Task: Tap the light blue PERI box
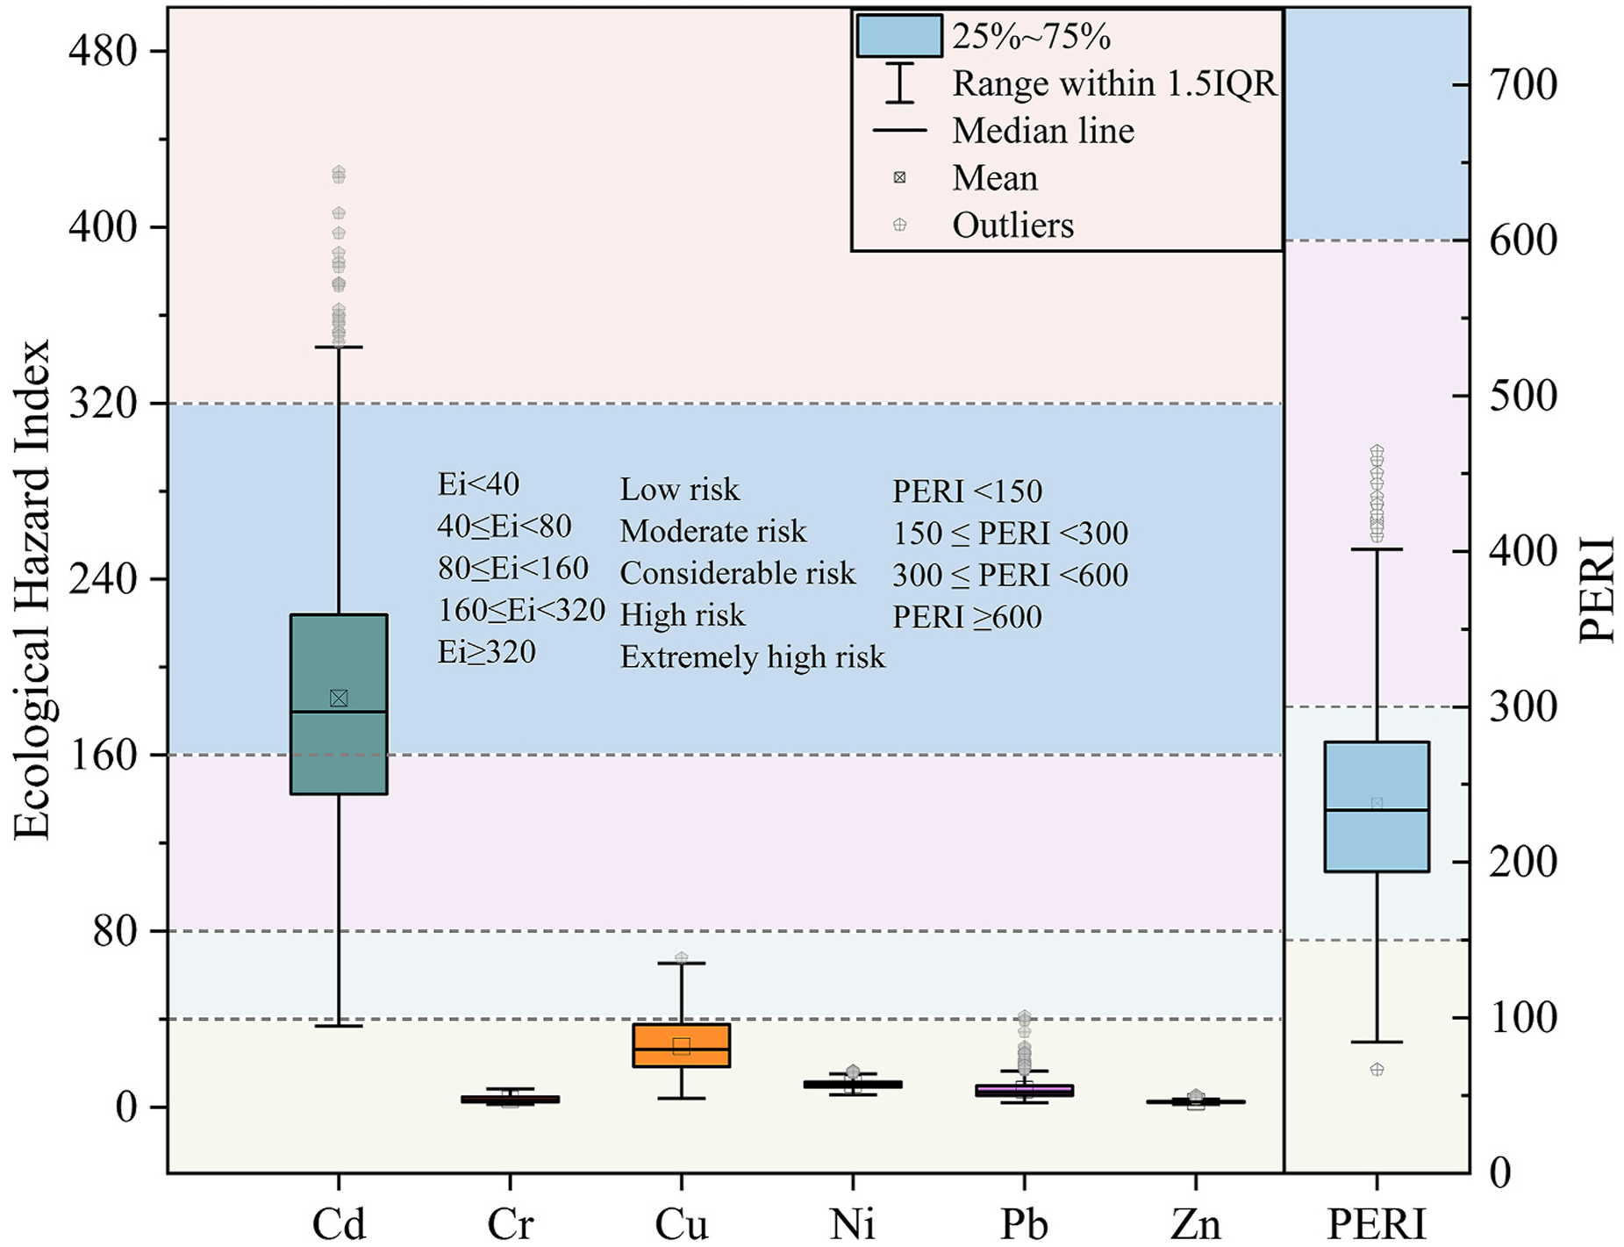point(1377,842)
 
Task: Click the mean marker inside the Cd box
point(339,698)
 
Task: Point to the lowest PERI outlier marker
point(1377,1069)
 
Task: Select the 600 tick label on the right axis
point(1523,241)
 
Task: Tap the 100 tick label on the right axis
point(1523,1019)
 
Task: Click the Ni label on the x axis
point(852,1224)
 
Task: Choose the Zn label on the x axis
point(1195,1224)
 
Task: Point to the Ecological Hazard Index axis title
point(32,590)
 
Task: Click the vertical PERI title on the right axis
point(1596,590)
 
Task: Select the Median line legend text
point(1043,131)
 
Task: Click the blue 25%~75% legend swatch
point(898,36)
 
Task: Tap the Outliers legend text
point(1012,226)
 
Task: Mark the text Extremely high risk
point(752,656)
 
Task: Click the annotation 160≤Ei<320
point(521,610)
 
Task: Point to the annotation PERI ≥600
point(967,617)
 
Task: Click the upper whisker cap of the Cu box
point(682,964)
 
